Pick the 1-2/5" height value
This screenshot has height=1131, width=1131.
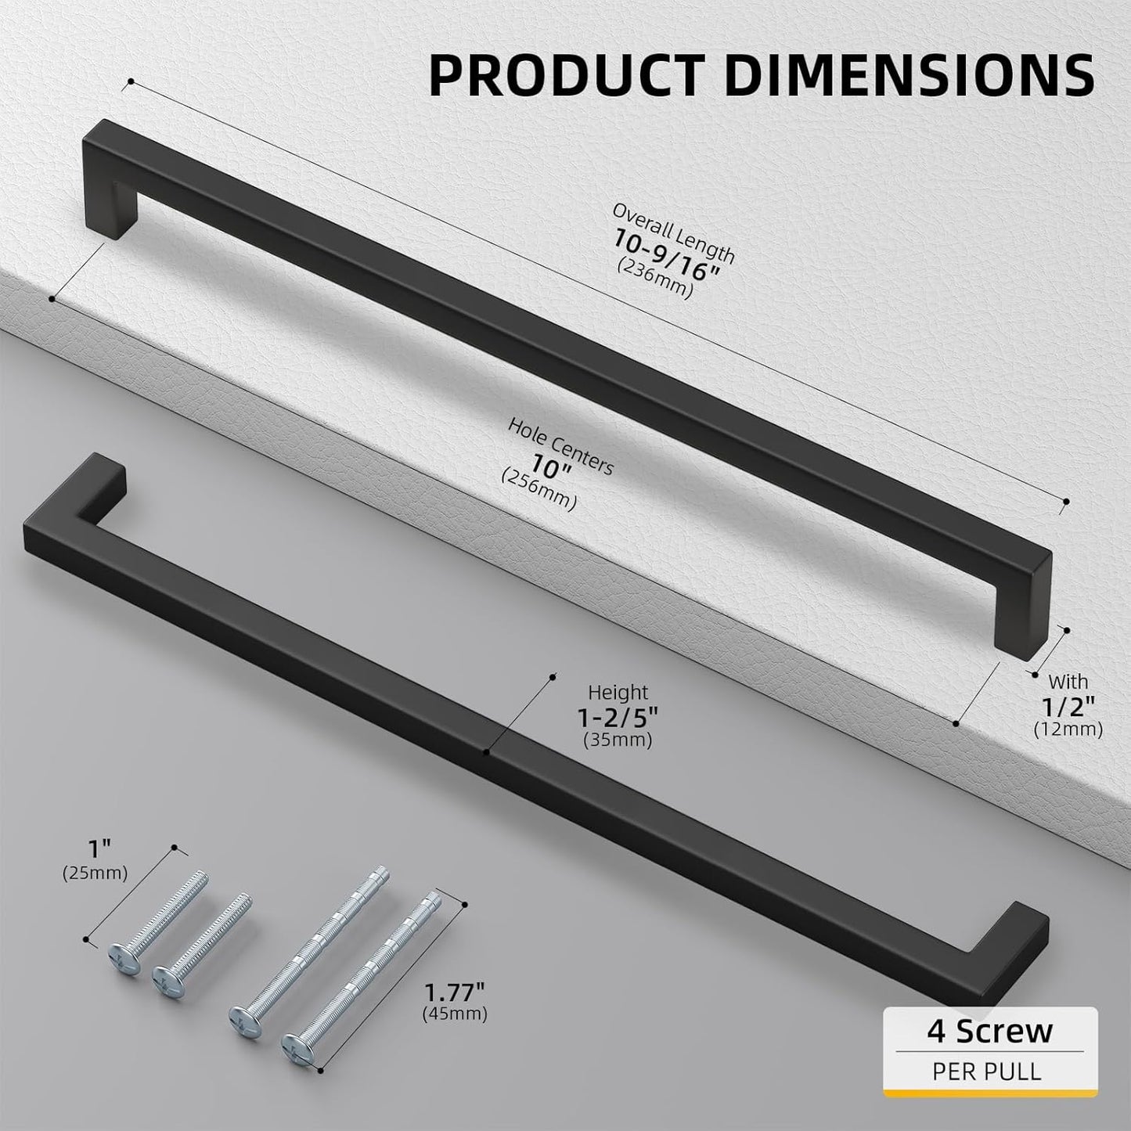coord(618,715)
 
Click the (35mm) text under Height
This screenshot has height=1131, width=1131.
coord(618,739)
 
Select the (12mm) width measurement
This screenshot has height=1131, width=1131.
coord(1068,729)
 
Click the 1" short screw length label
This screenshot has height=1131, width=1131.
coord(95,848)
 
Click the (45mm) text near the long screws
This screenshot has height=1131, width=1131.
coord(454,1014)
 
